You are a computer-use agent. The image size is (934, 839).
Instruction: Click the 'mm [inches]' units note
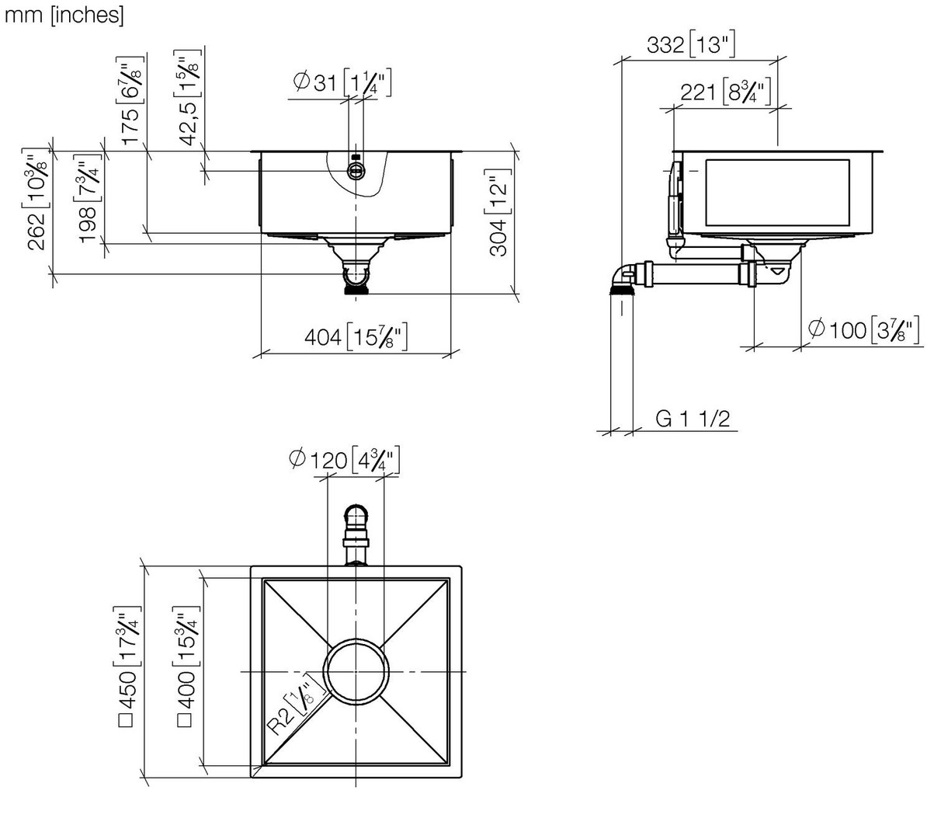pos(64,15)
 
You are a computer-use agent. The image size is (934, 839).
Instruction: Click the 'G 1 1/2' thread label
pos(693,419)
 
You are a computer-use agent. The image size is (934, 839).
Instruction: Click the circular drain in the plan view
pos(356,670)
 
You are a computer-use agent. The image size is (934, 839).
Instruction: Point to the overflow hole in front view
pos(356,172)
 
